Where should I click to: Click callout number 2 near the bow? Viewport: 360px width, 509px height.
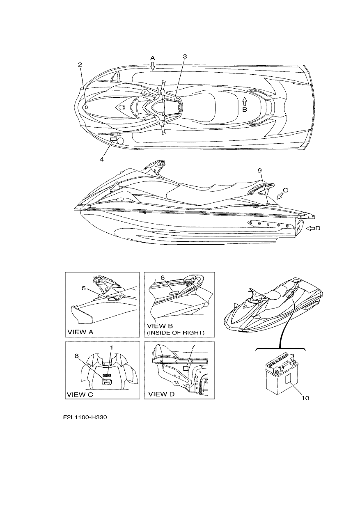[x=80, y=65]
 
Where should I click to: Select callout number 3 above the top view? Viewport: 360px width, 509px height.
[x=185, y=56]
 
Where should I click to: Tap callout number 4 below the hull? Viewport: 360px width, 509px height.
[x=102, y=160]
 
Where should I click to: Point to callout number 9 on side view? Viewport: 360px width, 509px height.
[x=260, y=170]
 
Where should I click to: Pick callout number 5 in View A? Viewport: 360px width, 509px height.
[x=84, y=288]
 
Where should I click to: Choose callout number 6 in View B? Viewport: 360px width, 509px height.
[x=163, y=277]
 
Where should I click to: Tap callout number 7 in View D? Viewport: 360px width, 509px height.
[x=193, y=347]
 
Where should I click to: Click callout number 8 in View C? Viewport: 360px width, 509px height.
[x=77, y=355]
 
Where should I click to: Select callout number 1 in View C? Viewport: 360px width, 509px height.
[x=111, y=347]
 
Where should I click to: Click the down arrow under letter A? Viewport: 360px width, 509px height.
[x=153, y=66]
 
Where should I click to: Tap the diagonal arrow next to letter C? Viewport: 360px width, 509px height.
[x=280, y=195]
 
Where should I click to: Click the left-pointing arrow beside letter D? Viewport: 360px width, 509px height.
[x=310, y=228]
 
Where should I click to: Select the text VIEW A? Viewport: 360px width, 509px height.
[x=80, y=332]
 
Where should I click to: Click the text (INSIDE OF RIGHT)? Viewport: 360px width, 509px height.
[x=176, y=333]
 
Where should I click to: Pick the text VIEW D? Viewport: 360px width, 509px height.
[x=161, y=394]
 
